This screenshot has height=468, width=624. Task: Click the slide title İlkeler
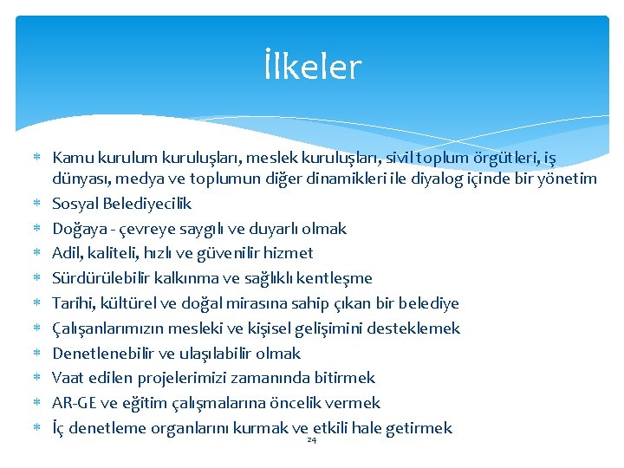(312, 68)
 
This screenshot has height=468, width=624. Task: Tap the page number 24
(312, 440)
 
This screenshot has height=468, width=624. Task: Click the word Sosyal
(76, 204)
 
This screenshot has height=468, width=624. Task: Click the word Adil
(68, 253)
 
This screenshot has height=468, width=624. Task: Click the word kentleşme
(336, 278)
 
